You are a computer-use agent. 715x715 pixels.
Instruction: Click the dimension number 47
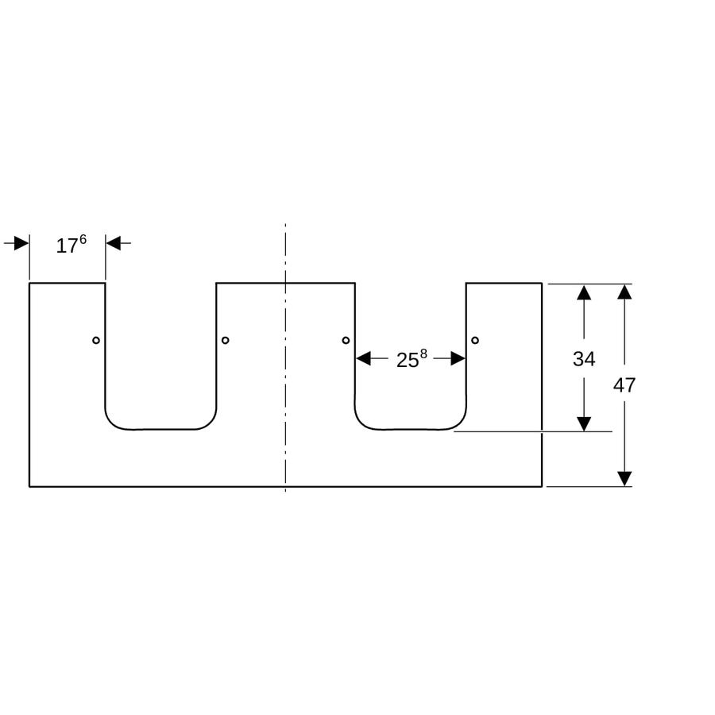(624, 386)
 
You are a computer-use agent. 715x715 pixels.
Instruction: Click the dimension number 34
(584, 359)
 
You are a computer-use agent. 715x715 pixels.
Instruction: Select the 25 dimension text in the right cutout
(408, 360)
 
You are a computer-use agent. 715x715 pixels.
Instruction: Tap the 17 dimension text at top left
(67, 246)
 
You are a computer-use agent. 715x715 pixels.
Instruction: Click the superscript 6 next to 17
(83, 239)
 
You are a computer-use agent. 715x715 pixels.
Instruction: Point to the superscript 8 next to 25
(423, 354)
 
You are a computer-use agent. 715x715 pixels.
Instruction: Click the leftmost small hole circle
(96, 340)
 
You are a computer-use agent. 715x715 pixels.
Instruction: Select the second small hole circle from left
(226, 340)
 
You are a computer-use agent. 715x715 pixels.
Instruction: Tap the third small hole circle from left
(346, 340)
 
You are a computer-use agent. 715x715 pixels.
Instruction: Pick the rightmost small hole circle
(475, 340)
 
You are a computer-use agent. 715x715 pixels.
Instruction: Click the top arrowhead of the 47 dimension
(624, 292)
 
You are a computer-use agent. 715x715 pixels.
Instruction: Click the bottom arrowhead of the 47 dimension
(624, 479)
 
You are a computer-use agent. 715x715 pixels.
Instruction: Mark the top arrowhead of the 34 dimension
(584, 292)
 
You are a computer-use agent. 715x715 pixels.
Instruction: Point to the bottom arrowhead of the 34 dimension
(584, 424)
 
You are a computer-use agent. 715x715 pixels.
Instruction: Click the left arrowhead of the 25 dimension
(363, 359)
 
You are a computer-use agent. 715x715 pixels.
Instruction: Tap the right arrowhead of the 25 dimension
(458, 359)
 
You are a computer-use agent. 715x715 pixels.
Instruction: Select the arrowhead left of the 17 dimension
(21, 243)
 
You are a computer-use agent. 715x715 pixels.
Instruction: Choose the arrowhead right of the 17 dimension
(114, 243)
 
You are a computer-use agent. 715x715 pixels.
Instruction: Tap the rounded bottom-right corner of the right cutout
(458, 423)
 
